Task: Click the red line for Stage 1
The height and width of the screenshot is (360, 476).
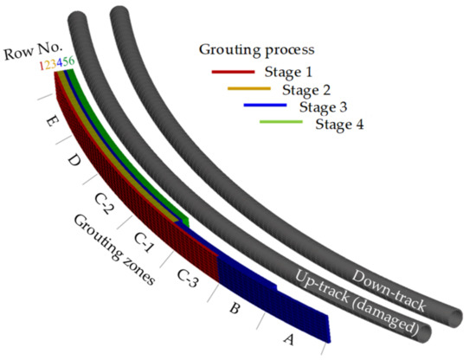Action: [234, 71]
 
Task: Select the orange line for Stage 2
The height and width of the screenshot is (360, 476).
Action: [251, 88]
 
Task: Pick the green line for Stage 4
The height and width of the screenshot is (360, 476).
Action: [282, 124]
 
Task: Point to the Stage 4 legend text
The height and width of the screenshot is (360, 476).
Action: [339, 124]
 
